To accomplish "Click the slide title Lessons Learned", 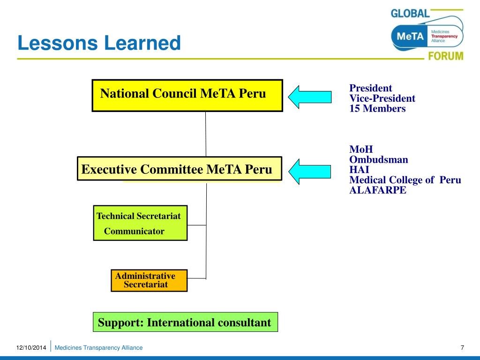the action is tap(99, 44).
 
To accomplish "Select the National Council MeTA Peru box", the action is tap(187, 95).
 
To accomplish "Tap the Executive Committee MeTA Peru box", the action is tap(179, 169).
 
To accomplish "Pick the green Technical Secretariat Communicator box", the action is tap(140, 223).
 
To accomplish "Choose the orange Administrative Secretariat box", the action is tap(149, 280).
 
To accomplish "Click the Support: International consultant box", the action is tap(185, 322).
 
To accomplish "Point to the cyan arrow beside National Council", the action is tap(309, 97).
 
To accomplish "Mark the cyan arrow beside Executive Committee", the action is tap(309, 171).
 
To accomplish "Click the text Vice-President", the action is tap(382, 98).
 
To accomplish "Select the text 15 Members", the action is tap(377, 109).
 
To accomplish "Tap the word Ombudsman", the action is tap(378, 160).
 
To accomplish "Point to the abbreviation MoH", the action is tap(361, 150).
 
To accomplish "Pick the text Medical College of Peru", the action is tap(405, 180).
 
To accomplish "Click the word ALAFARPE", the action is tap(378, 190).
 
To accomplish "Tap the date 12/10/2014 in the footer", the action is tap(31, 348).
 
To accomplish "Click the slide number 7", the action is tap(462, 347).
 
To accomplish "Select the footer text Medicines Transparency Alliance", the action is tap(99, 348).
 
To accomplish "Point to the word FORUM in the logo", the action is tap(445, 56).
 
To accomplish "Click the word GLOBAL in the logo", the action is tap(410, 13).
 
